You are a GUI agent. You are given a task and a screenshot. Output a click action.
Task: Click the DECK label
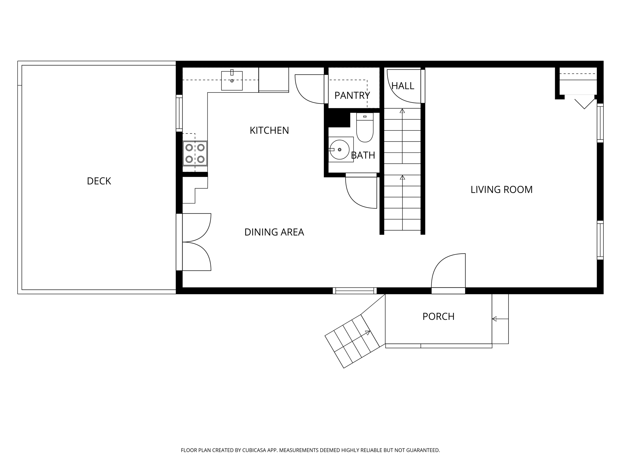pyautogui.click(x=99, y=181)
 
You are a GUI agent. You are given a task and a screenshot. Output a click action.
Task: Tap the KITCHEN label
pyautogui.click(x=269, y=130)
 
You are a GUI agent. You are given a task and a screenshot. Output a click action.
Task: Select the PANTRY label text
pyautogui.click(x=352, y=96)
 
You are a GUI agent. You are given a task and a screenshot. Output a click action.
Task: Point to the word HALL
pyautogui.click(x=403, y=86)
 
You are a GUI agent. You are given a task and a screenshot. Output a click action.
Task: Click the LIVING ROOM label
pyautogui.click(x=502, y=190)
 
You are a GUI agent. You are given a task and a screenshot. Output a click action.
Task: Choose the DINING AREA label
pyautogui.click(x=274, y=232)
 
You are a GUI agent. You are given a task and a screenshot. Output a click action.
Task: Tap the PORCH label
pyautogui.click(x=438, y=316)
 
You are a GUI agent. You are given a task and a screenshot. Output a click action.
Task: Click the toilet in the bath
pyautogui.click(x=365, y=129)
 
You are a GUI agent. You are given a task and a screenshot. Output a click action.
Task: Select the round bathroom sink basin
pyautogui.click(x=340, y=150)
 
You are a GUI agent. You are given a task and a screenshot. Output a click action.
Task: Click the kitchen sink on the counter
pyautogui.click(x=232, y=81)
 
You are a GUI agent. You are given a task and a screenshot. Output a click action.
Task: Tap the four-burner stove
pyautogui.click(x=195, y=153)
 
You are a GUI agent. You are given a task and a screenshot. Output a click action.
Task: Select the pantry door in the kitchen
pyautogui.click(x=308, y=91)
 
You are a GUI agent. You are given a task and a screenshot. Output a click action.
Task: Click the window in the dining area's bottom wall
pyautogui.click(x=354, y=291)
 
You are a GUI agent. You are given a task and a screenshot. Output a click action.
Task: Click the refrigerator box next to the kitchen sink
pyautogui.click(x=274, y=79)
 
